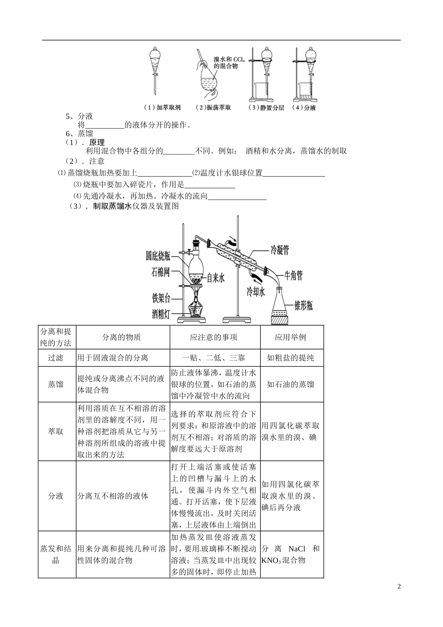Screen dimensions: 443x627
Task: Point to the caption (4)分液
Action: click(304, 108)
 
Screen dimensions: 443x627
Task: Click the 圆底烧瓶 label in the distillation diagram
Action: click(158, 255)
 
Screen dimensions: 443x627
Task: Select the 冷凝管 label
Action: click(280, 250)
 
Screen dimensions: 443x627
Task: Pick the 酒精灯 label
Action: click(160, 314)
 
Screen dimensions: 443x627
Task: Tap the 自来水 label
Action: click(215, 278)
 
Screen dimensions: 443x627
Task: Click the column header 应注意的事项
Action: click(214, 337)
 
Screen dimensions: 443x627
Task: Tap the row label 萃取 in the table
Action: click(55, 432)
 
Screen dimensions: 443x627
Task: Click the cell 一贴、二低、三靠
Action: click(214, 358)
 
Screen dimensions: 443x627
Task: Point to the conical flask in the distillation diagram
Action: click(282, 306)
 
